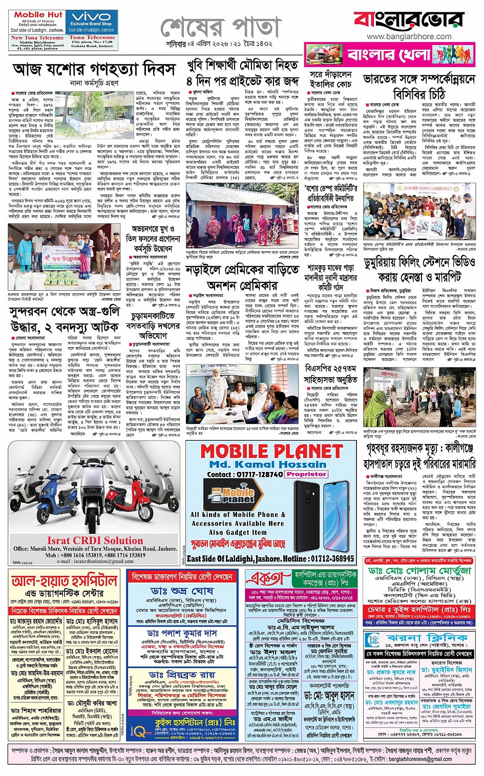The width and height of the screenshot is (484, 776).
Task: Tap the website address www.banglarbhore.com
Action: [409, 36]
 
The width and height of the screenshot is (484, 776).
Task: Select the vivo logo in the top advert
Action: [91, 17]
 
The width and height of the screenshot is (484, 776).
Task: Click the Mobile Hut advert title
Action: [38, 15]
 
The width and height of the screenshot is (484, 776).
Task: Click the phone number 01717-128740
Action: [252, 475]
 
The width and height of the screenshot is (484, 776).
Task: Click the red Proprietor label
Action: [306, 475]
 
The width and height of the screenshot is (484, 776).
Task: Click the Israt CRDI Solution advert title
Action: [95, 541]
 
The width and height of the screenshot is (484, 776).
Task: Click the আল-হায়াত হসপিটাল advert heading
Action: [65, 582]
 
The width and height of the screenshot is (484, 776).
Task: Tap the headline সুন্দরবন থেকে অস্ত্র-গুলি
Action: [65, 312]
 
